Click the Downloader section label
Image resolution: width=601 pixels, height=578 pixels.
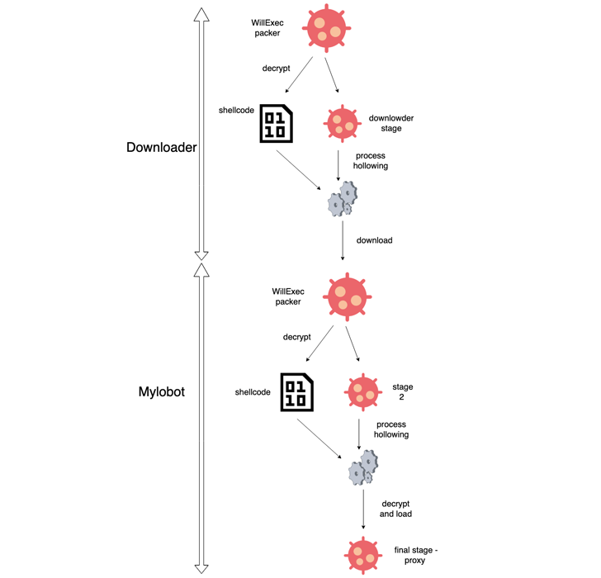pos(161,148)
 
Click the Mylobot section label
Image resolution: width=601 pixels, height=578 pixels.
pos(161,391)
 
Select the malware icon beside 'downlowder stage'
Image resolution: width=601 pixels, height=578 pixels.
pos(342,123)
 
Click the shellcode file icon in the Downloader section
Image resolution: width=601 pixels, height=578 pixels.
pos(277,123)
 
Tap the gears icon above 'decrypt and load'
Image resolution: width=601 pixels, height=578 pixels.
pos(363,468)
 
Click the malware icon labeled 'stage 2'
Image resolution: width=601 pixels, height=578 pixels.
pos(362,391)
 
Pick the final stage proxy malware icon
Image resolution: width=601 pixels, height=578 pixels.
pos(363,554)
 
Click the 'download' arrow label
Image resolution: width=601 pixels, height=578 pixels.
pos(374,240)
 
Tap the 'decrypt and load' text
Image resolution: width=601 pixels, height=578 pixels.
pos(395,509)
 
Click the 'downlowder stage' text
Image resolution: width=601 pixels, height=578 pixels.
pos(391,123)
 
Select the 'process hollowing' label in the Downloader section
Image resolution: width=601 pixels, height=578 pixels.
pos(371,160)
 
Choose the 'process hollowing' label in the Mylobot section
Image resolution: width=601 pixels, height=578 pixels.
pos(391,429)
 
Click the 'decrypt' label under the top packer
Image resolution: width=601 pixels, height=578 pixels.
pos(276,69)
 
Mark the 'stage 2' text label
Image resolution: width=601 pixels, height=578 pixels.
pos(403,391)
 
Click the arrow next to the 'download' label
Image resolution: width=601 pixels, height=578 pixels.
pos(343,240)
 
